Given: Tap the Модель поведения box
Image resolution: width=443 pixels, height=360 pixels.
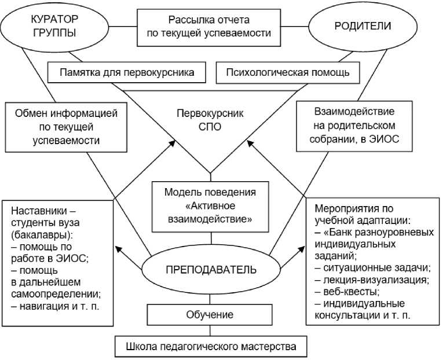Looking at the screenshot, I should [x=210, y=192].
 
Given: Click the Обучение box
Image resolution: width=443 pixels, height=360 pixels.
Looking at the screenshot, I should [x=210, y=315].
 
